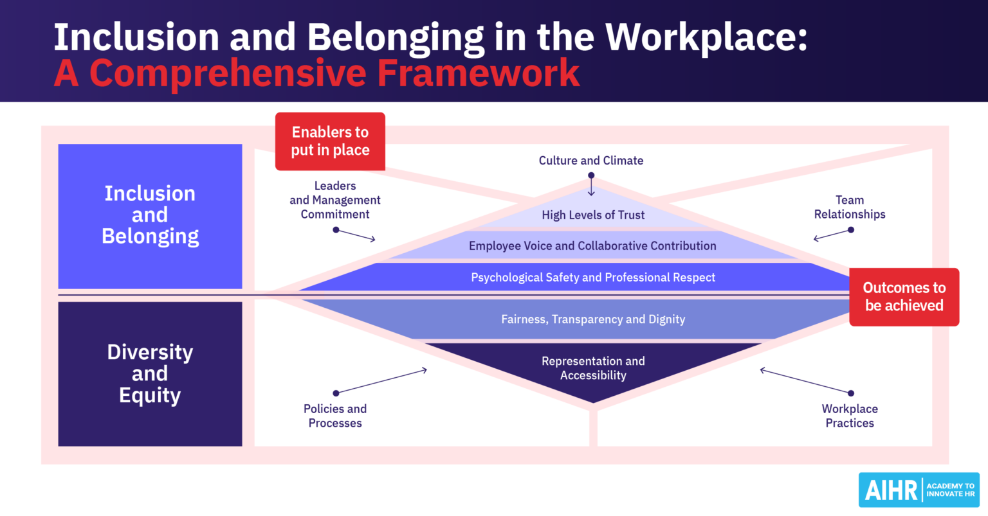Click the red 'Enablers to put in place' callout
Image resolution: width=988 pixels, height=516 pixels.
click(330, 141)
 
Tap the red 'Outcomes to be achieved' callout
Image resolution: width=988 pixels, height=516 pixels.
click(904, 297)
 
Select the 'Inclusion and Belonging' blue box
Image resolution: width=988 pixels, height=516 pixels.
click(150, 216)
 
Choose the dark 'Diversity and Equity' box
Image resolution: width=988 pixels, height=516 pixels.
click(150, 373)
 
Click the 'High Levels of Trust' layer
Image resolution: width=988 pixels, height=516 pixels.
click(593, 215)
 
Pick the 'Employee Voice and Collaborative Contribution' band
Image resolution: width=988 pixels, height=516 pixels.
click(592, 246)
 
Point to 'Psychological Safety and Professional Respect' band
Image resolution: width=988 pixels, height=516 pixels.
click(592, 278)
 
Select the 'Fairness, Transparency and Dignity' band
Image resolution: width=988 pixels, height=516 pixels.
click(592, 319)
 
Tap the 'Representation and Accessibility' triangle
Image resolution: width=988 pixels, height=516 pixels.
click(592, 369)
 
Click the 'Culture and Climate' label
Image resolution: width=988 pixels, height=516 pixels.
click(590, 161)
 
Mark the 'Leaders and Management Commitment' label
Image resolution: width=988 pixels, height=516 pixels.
click(335, 200)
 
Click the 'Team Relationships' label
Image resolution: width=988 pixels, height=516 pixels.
click(850, 207)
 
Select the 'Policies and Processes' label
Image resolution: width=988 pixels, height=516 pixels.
click(335, 416)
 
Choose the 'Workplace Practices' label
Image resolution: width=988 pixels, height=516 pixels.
click(850, 416)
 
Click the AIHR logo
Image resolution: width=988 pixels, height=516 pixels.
click(919, 490)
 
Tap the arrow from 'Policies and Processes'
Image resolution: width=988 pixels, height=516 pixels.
click(381, 381)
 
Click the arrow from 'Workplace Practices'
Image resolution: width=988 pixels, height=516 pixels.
click(805, 381)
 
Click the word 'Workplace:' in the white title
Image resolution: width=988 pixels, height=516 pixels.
click(706, 37)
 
